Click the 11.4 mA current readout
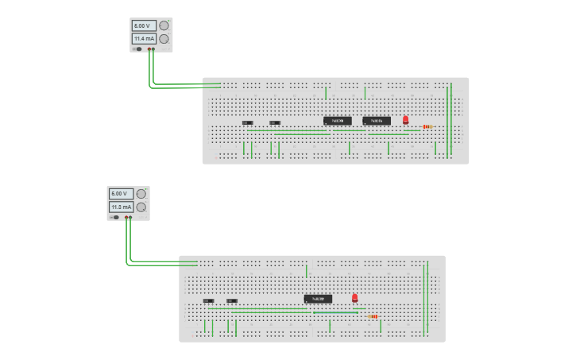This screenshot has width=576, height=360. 144,38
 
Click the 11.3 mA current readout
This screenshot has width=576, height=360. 121,207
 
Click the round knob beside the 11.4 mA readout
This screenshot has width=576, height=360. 164,38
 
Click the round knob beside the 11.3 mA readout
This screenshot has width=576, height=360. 141,207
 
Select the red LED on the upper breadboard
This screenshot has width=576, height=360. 405,119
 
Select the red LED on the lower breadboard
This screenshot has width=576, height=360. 354,297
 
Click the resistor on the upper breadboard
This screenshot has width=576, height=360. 427,126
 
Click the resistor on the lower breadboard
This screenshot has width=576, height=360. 373,316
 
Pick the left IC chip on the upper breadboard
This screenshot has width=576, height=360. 337,121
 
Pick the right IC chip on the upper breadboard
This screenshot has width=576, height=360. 377,121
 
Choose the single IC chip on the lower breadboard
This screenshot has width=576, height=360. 318,299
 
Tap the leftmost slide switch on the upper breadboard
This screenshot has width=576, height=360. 247,122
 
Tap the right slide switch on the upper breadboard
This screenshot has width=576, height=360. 275,122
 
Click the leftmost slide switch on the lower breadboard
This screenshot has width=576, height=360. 208,300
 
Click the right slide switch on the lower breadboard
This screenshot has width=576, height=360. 232,300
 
